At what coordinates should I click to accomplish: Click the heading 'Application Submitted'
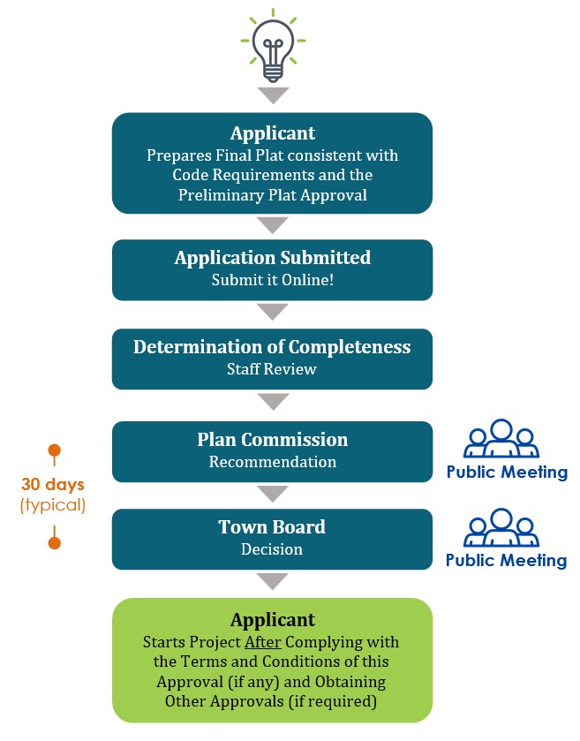click(272, 258)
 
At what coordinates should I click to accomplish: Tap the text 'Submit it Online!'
click(272, 280)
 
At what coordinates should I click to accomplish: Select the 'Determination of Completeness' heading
click(272, 347)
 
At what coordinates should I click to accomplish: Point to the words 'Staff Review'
click(272, 369)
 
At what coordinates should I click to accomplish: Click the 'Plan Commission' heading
click(272, 440)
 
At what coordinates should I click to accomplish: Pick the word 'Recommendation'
click(272, 462)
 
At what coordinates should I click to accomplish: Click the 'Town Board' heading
click(272, 527)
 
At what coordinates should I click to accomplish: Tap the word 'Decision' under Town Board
click(272, 549)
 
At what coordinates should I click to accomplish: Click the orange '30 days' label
click(53, 485)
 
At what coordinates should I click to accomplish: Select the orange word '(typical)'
click(53, 505)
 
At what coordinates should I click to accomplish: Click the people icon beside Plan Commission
click(501, 437)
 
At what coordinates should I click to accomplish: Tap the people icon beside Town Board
click(501, 526)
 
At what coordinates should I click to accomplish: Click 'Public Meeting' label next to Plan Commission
click(507, 472)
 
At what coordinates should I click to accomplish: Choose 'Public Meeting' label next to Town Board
click(507, 560)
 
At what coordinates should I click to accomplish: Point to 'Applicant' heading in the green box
click(272, 619)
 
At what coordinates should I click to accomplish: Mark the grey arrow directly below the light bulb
click(273, 95)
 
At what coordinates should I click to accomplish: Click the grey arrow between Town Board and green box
click(273, 581)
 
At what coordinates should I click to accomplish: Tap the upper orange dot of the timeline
click(55, 450)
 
